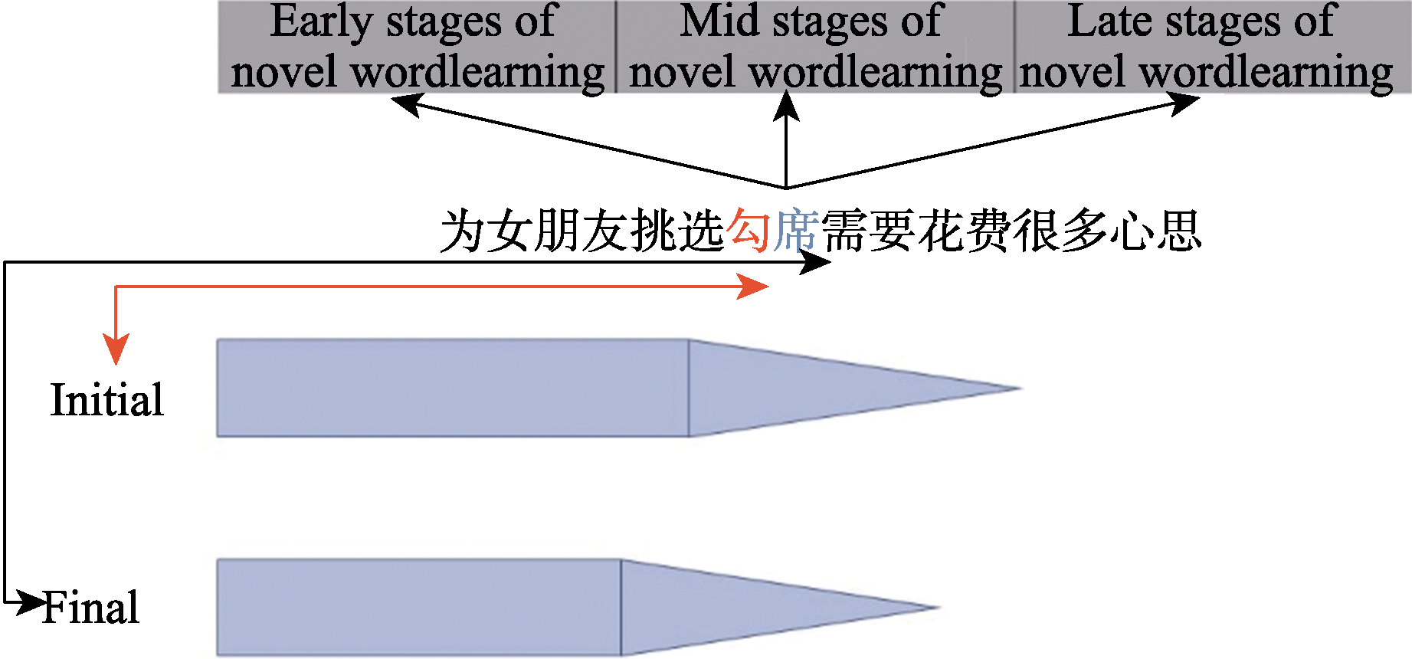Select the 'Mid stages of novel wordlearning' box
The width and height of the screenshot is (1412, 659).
(814, 47)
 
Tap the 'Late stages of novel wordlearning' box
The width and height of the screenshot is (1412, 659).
(1212, 47)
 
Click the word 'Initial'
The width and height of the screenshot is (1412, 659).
(106, 400)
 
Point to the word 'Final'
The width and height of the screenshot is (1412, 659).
(91, 608)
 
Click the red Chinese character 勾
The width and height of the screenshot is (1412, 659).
(749, 231)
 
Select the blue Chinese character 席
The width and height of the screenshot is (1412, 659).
(795, 231)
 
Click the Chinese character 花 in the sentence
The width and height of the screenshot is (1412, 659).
(939, 231)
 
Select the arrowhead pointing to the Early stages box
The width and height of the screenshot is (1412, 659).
(406, 103)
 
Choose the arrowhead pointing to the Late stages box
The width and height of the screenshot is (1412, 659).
(1184, 102)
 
